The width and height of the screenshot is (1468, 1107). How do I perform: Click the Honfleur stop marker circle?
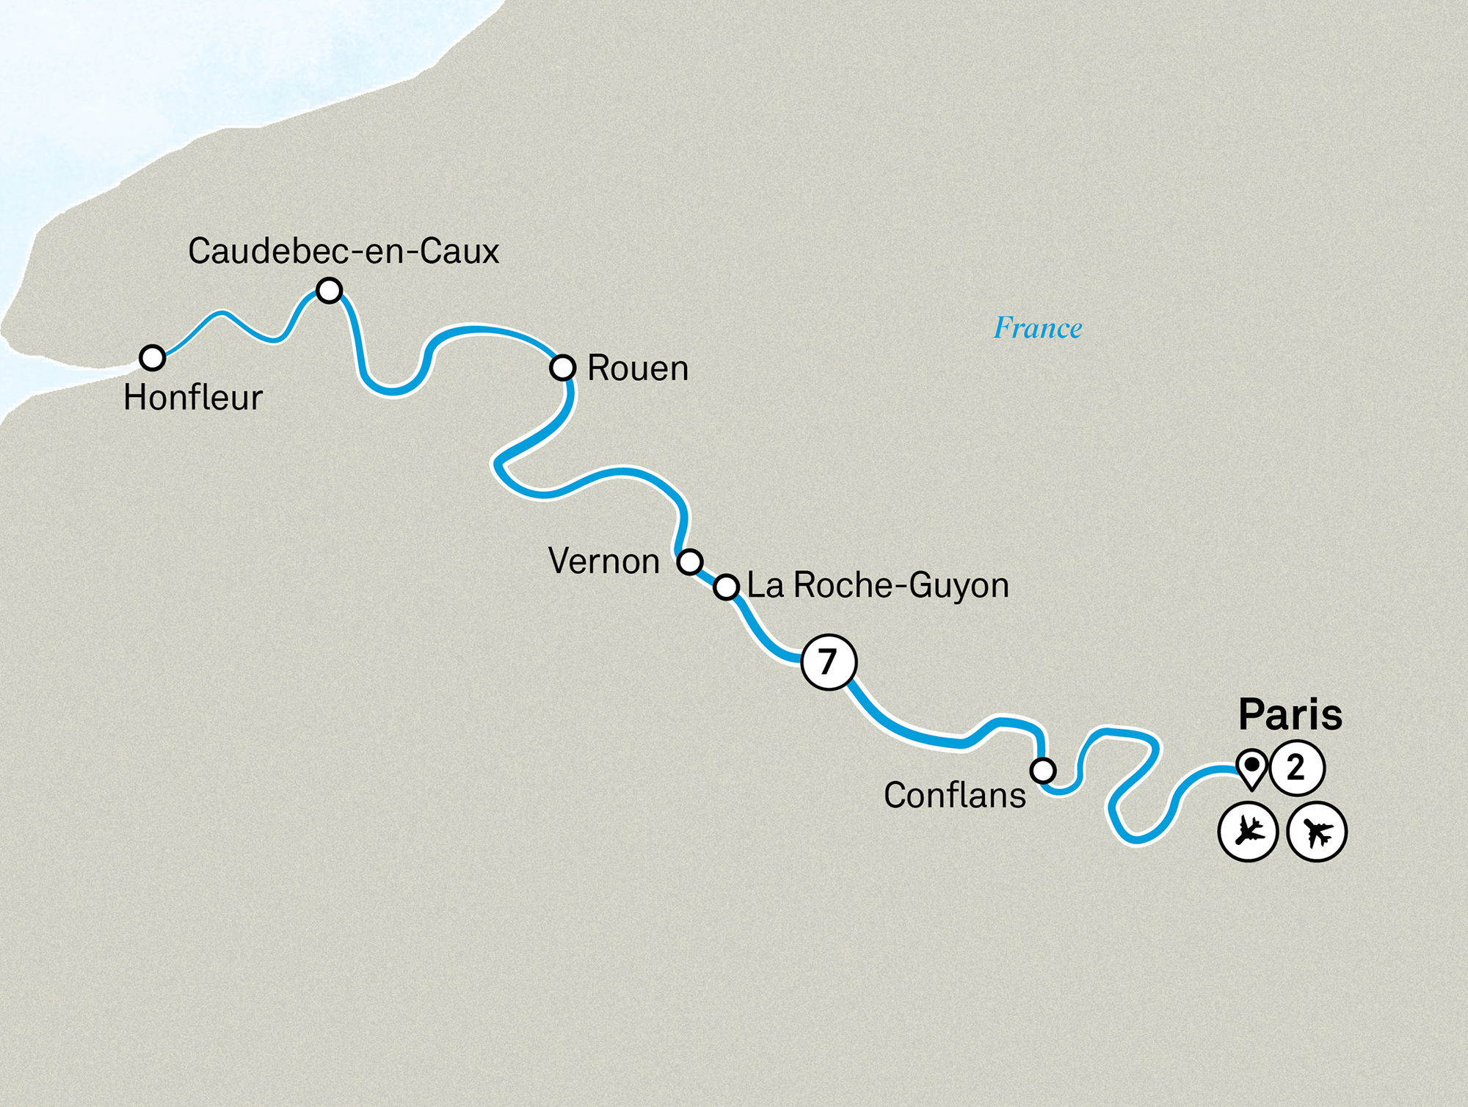click(152, 357)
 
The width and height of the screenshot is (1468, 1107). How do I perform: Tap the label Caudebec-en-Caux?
click(343, 251)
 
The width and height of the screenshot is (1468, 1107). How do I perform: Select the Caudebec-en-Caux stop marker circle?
click(329, 290)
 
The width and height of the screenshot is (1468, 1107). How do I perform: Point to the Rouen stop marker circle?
click(562, 367)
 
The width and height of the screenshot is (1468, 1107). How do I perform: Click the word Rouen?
click(637, 368)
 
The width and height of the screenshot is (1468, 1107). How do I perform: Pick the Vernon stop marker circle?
click(689, 562)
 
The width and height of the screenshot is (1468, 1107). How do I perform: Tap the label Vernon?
click(603, 561)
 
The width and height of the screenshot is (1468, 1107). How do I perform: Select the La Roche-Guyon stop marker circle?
click(726, 587)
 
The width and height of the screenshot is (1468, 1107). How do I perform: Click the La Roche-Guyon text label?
click(877, 585)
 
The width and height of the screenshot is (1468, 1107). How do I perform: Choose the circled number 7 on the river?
click(829, 662)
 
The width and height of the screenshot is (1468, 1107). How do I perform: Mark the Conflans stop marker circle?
click(1042, 770)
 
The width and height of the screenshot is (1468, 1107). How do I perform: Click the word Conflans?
click(954, 795)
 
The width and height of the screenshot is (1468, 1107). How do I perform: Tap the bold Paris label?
click(1290, 714)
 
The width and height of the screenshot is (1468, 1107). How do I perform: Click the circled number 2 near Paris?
click(1296, 768)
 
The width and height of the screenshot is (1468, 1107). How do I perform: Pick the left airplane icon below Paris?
click(1248, 832)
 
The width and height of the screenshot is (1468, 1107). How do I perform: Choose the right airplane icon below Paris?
click(1317, 832)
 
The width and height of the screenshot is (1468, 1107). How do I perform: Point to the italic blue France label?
click(1037, 327)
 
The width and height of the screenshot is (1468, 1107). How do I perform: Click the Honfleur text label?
click(192, 398)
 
